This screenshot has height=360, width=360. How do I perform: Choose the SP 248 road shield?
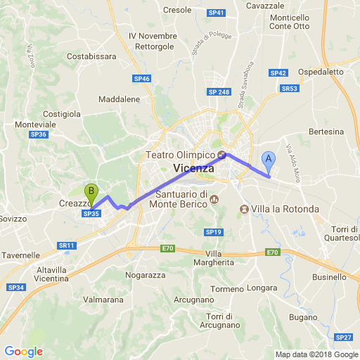(x=219, y=92)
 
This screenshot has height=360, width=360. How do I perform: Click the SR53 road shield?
(x=289, y=89)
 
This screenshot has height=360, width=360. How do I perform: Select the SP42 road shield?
(x=278, y=72)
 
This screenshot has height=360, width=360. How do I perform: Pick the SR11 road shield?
(x=67, y=245)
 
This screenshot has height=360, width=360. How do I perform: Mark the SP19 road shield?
(x=214, y=232)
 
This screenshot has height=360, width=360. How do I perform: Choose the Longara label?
(x=262, y=288)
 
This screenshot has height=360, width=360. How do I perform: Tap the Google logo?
(x=23, y=352)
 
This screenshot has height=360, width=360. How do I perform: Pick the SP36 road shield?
(x=38, y=134)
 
